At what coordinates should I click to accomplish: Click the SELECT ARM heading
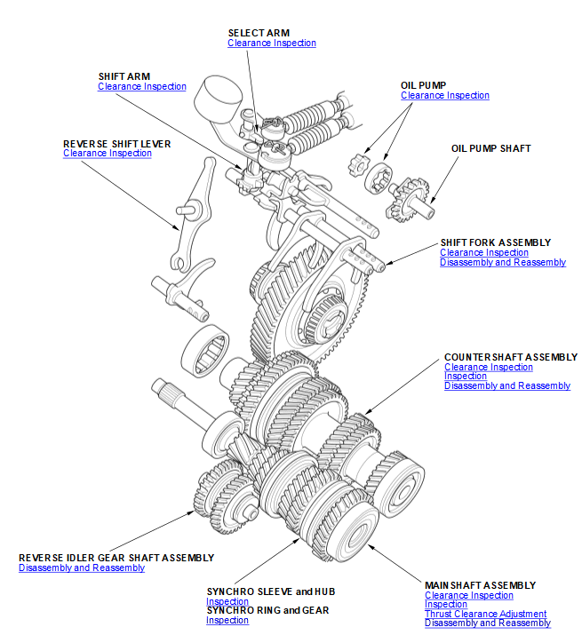coord(258,33)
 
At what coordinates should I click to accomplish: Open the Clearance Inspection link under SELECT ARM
coord(271,44)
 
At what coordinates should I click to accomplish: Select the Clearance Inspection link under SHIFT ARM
coord(141,87)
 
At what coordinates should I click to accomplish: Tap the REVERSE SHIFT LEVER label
coord(116,143)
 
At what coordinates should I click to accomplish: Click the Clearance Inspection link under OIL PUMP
coord(444,96)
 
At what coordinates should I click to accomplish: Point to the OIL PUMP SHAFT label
coord(490,148)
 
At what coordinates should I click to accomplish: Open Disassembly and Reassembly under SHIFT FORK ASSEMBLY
coord(502,263)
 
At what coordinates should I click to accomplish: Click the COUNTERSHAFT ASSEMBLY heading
coord(510,357)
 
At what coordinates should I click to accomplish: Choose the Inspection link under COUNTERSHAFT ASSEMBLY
coord(465,377)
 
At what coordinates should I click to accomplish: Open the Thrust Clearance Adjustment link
coord(485,615)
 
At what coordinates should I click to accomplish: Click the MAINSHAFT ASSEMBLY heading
coord(480,585)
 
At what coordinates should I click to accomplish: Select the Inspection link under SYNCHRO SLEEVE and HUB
coord(227,602)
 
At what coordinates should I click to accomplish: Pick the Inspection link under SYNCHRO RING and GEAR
coord(227,621)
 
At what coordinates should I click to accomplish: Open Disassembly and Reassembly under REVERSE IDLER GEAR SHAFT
coord(82,568)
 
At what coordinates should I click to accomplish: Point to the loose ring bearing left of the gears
coord(206,352)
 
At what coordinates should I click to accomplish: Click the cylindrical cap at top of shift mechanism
coord(219,94)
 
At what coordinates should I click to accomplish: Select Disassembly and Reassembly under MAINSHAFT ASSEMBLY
coord(487,623)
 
